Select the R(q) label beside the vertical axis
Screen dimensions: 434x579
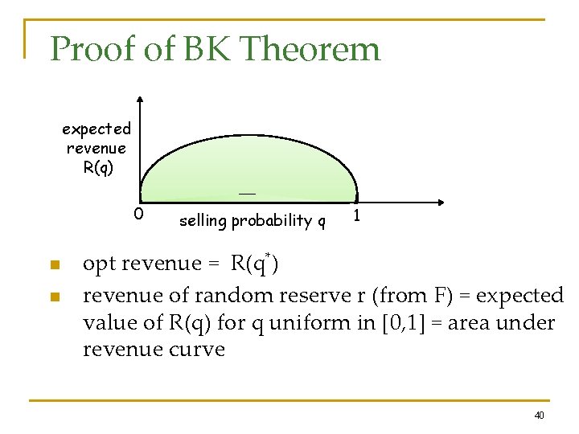[97, 168]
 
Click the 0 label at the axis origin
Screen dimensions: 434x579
[138, 215]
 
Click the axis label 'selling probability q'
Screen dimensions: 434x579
[252, 220]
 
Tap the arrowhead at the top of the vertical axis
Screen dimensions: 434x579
[141, 100]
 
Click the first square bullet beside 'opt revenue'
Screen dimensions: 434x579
[54, 266]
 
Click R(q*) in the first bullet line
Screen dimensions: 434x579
[254, 263]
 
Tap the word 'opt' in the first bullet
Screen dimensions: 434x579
[97, 264]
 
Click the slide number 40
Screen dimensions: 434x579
[539, 415]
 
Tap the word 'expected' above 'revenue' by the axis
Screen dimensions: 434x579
[96, 129]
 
